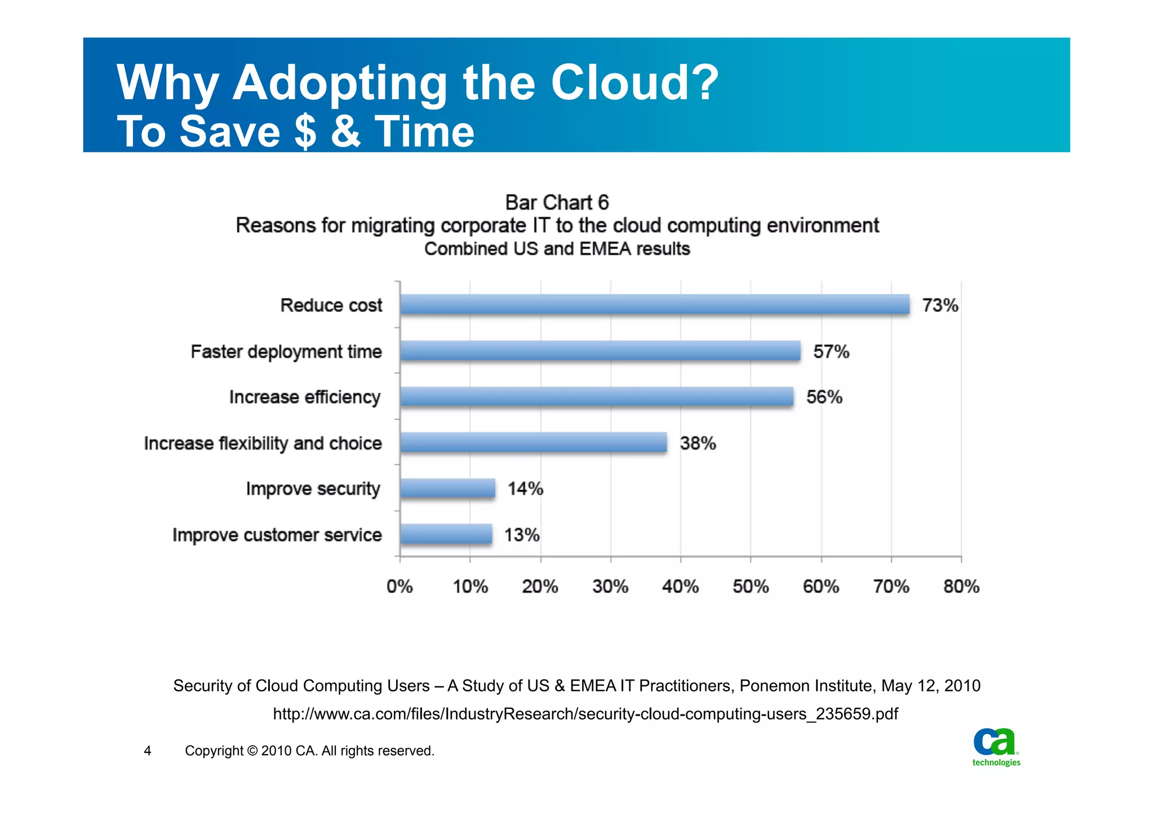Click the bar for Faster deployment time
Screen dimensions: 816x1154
point(600,351)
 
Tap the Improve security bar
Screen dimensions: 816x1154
point(447,488)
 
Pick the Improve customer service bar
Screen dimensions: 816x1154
point(446,534)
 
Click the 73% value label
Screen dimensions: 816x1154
point(940,306)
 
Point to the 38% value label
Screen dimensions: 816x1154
point(698,443)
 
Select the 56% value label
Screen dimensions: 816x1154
point(824,397)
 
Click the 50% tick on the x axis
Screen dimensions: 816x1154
point(751,586)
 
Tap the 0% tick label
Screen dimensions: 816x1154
point(400,586)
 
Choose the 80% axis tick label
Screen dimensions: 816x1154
point(961,586)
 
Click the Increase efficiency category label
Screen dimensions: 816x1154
point(305,397)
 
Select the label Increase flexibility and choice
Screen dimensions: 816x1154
point(263,443)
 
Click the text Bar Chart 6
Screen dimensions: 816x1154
point(557,202)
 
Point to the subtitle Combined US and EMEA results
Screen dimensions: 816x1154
point(557,249)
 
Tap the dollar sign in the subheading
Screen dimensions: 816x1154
point(305,131)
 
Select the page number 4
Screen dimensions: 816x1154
point(148,751)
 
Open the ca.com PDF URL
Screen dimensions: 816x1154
point(585,714)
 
